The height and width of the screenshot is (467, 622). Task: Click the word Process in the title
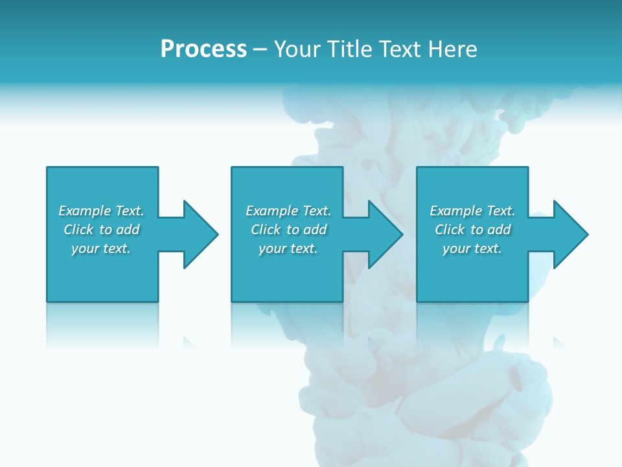pos(203,49)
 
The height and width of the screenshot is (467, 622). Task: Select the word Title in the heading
pos(348,49)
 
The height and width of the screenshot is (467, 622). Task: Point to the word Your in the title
pos(297,49)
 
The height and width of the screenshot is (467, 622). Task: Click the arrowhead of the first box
pos(200,234)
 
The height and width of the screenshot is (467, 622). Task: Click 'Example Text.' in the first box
pos(101,211)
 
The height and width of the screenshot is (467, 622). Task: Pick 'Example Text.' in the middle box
pos(288,211)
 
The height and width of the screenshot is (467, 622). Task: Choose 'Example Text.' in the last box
pos(472,211)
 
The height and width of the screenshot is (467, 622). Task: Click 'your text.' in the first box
pos(101,248)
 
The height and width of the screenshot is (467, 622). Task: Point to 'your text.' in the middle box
pos(288,248)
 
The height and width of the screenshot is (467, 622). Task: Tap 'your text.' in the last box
pos(472,248)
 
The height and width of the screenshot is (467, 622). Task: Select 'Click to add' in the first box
pos(101,230)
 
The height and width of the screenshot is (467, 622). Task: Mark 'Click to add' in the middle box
pos(288,230)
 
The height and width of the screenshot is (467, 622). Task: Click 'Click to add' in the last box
pos(472,230)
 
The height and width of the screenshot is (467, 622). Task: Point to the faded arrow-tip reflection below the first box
pos(189,342)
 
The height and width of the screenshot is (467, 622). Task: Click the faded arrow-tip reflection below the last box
pos(559,342)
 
